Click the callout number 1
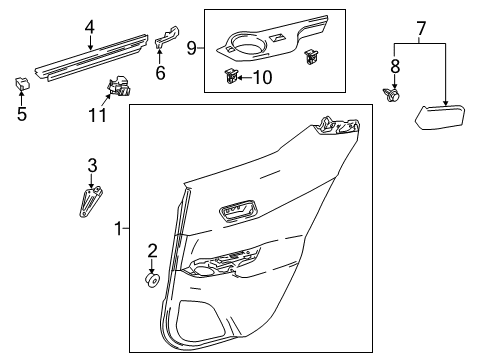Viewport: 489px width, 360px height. (118, 228)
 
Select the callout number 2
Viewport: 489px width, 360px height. (153, 250)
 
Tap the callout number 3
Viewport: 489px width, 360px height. (91, 164)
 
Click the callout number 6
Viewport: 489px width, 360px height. (158, 72)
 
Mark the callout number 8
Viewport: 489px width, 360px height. (392, 65)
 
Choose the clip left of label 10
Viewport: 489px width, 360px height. (232, 74)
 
